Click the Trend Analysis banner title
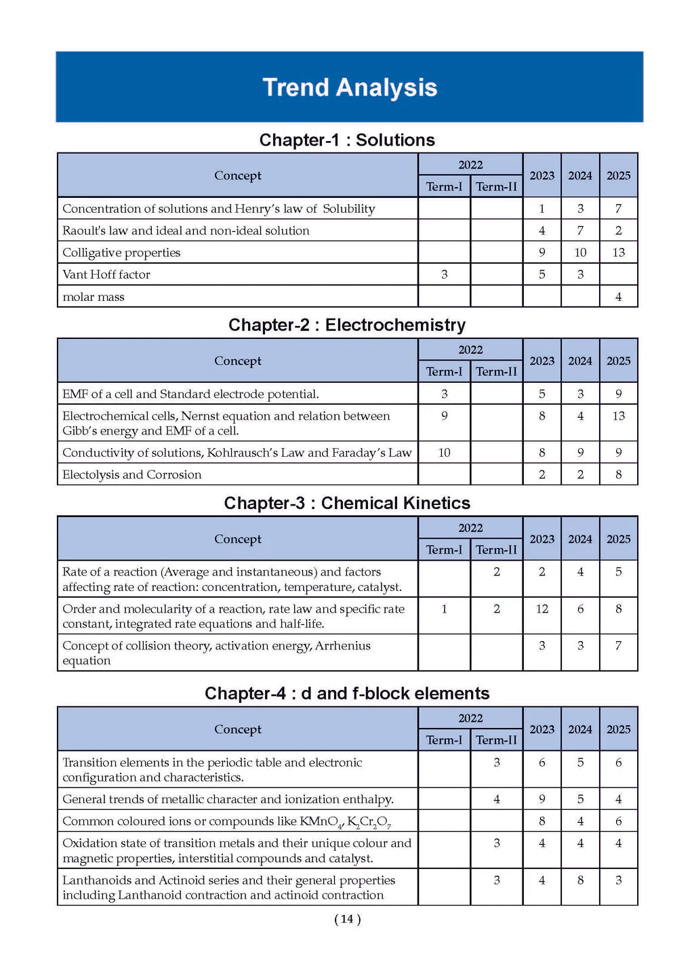[350, 87]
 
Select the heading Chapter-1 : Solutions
[347, 140]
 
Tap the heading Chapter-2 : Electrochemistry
[347, 325]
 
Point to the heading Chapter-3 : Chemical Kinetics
[347, 503]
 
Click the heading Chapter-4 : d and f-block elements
[347, 693]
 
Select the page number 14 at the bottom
[347, 919]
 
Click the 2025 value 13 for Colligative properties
[618, 252]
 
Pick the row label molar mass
[94, 297]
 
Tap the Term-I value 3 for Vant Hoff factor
[444, 274]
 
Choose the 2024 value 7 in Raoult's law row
[580, 230]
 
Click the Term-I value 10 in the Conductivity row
[444, 453]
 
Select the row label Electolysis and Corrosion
[132, 474]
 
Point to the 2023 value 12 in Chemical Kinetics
[542, 609]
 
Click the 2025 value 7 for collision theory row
[618, 645]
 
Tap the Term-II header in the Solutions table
[496, 186]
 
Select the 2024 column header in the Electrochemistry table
[580, 361]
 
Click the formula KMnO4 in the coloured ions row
[321, 821]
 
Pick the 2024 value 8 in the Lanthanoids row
[580, 880]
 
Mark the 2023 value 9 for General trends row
[542, 799]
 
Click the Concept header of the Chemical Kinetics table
[237, 539]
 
